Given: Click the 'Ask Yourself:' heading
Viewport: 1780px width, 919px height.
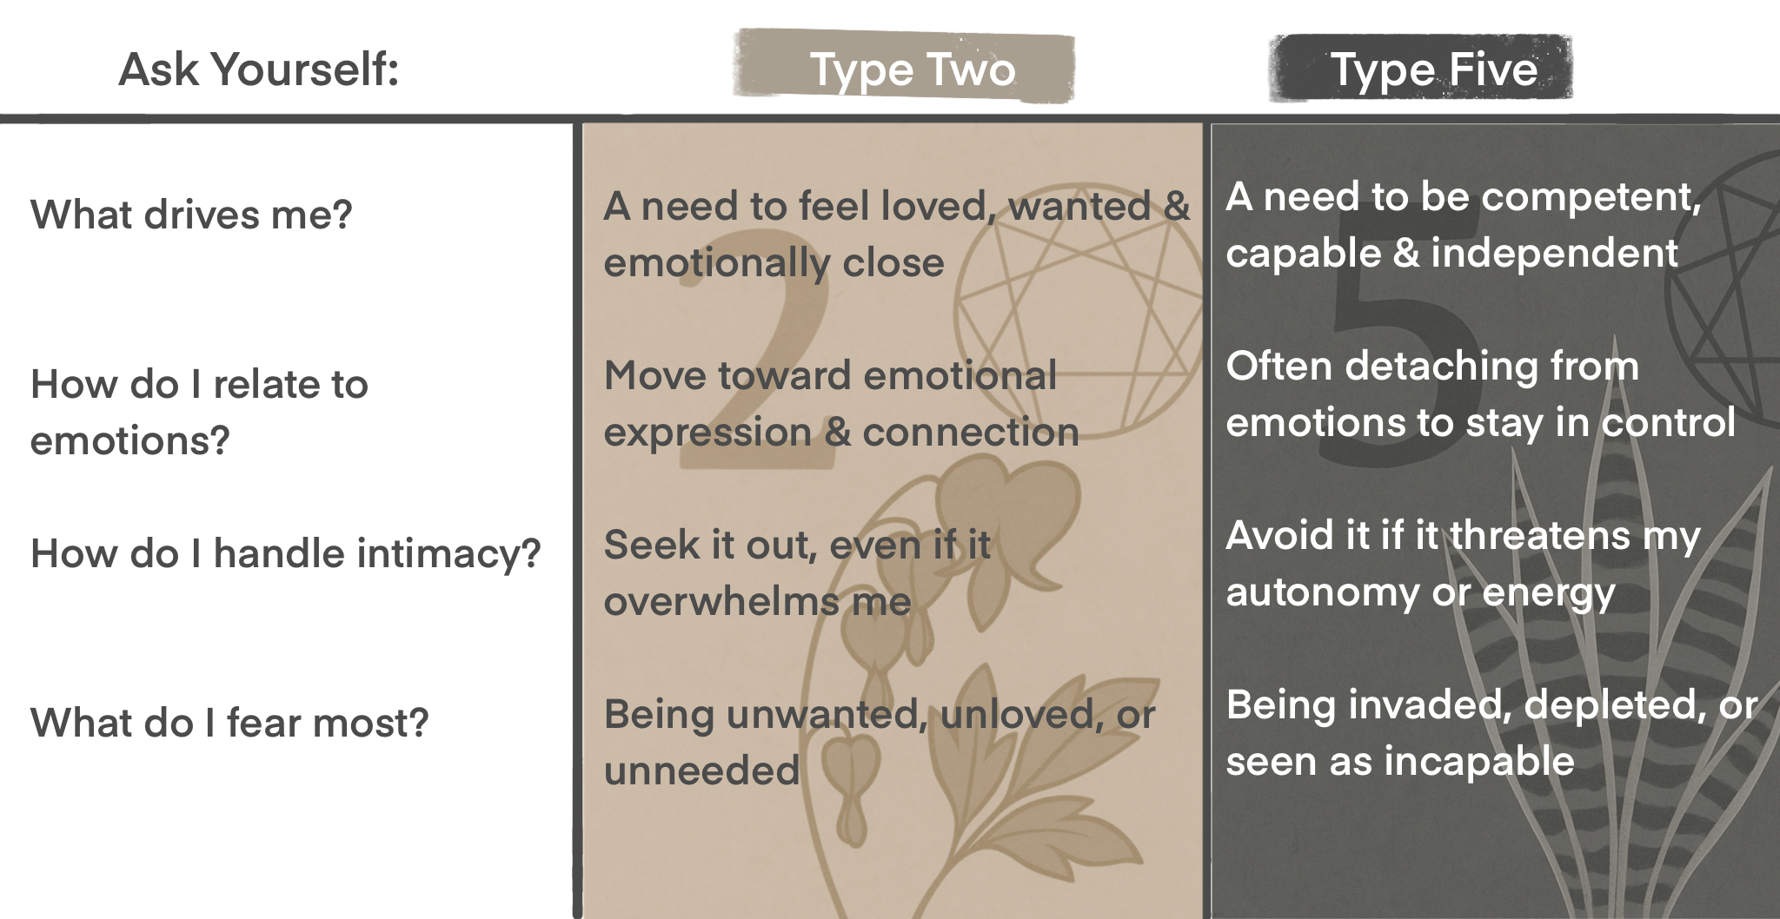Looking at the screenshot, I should pyautogui.click(x=258, y=69).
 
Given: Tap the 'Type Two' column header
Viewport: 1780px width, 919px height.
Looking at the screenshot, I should pyautogui.click(x=912, y=69).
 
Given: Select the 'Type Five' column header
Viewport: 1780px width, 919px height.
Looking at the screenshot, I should pyautogui.click(x=1433, y=69).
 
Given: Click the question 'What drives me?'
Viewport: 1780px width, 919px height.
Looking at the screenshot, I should pyautogui.click(x=191, y=215).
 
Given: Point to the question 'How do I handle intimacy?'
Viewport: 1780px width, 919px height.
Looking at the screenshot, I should pyautogui.click(x=285, y=553).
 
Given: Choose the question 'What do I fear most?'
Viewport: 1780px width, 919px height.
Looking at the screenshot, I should pyautogui.click(x=229, y=723).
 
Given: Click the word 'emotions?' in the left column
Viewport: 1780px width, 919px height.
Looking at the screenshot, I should pyautogui.click(x=130, y=440).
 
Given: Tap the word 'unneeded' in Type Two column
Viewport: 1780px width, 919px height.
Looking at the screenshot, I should pyautogui.click(x=701, y=770).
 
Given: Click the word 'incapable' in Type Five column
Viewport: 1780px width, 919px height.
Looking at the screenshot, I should pyautogui.click(x=1479, y=762).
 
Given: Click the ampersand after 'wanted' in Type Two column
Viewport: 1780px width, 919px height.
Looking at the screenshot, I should pyautogui.click(x=1176, y=207).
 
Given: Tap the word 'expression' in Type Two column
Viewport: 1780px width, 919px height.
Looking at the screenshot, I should pyautogui.click(x=707, y=432).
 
